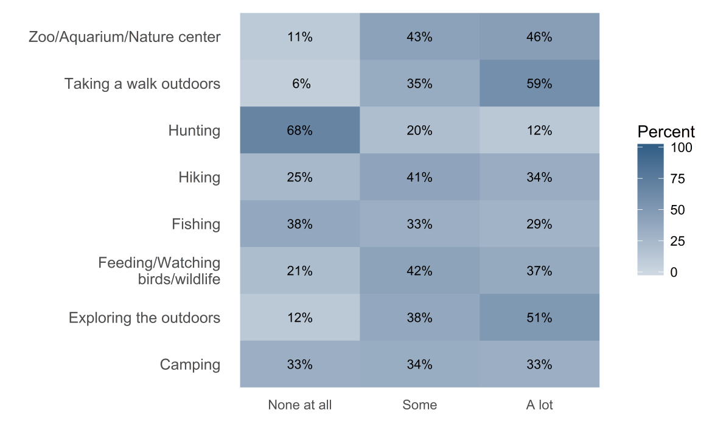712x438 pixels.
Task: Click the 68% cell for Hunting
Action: pos(299,131)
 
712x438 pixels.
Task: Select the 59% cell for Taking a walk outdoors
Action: pos(539,84)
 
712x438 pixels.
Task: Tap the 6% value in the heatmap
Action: pos(299,84)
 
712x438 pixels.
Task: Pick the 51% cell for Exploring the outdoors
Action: pos(539,318)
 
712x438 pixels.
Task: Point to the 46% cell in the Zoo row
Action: pos(539,37)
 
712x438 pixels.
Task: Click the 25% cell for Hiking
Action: pos(299,178)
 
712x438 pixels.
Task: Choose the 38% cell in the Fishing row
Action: pos(299,224)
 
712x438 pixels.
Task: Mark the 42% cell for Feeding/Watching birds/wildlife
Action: pos(419,271)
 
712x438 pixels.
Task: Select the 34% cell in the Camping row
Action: pos(419,365)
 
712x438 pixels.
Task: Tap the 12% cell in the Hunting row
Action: pos(539,131)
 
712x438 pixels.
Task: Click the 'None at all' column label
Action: pos(299,405)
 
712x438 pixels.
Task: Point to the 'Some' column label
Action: pos(419,405)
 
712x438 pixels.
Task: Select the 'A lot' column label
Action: pos(539,405)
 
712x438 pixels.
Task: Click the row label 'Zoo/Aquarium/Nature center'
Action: pos(125,37)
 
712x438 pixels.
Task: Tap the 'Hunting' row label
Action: pos(194,131)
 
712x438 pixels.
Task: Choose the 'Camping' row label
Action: pos(190,365)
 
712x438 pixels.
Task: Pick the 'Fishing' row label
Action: pos(196,224)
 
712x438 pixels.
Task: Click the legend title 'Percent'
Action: pos(666,132)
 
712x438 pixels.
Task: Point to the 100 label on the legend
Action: pos(681,148)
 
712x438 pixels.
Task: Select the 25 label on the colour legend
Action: pos(678,241)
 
